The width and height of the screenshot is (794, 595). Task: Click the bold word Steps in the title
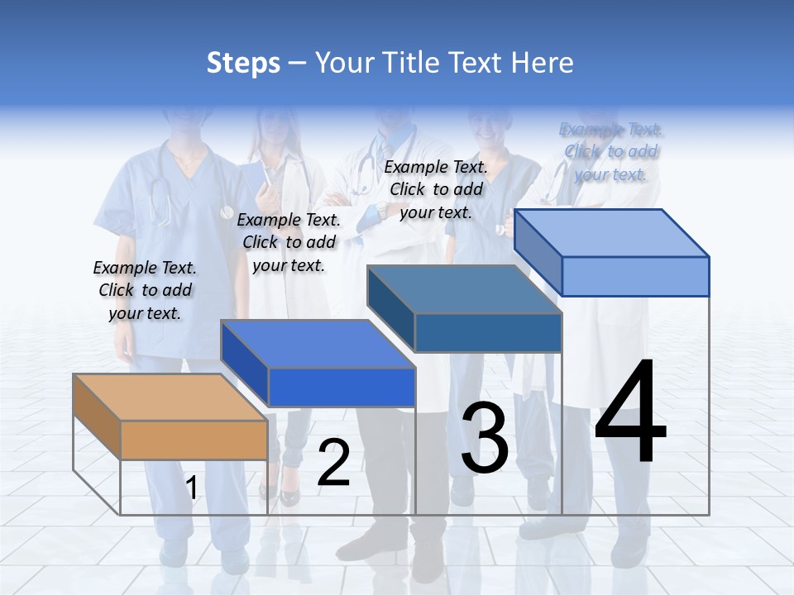(x=243, y=63)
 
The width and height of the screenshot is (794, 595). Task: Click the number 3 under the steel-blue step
(x=485, y=438)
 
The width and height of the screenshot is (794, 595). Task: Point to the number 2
(x=333, y=463)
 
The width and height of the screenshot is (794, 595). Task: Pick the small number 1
(x=192, y=488)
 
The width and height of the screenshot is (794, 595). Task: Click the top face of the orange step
(x=170, y=397)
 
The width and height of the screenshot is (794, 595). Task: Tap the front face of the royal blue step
(x=342, y=387)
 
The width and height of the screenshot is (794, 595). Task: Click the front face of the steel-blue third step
(x=488, y=332)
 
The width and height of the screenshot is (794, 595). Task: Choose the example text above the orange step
(x=145, y=290)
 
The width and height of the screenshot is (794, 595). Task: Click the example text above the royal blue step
(x=289, y=242)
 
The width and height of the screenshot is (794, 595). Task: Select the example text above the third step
(x=436, y=189)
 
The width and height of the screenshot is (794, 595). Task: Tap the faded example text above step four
(x=610, y=152)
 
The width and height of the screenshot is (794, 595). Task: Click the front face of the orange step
(x=194, y=440)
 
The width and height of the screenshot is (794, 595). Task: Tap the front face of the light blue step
(x=635, y=276)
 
